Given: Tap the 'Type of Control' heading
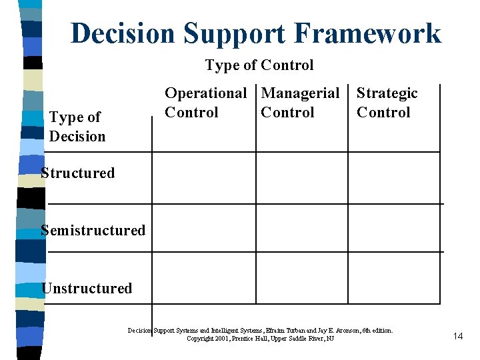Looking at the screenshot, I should [x=259, y=65].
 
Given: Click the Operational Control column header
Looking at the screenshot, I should [x=205, y=103].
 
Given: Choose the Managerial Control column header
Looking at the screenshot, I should [x=300, y=103].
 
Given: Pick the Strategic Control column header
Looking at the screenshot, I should [x=387, y=103].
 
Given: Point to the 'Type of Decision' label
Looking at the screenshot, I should [x=77, y=127].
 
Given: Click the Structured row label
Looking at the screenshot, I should [x=77, y=173].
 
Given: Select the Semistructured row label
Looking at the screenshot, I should [x=93, y=231].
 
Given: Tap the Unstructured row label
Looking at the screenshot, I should [x=87, y=289].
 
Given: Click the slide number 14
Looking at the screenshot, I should [x=457, y=336].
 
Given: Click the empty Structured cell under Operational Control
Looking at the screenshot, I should [x=204, y=178].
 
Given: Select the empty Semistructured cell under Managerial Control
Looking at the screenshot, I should [x=301, y=228].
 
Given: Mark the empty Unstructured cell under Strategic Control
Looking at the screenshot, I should [x=393, y=278].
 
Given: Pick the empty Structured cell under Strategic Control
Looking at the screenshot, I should [x=393, y=178].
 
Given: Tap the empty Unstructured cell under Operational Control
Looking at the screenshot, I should [x=204, y=278].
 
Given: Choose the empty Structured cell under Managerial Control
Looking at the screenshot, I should [x=301, y=178].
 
